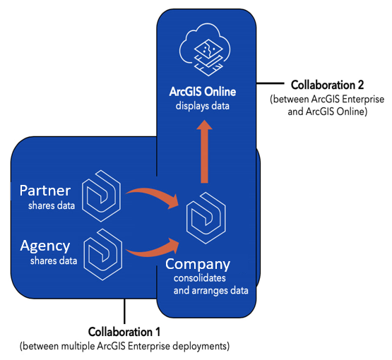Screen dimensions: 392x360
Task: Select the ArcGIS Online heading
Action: [x=203, y=92]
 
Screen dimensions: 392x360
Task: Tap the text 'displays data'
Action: [x=203, y=106]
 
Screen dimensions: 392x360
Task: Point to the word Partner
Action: [x=45, y=191]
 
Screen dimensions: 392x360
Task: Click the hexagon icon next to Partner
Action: [x=101, y=196]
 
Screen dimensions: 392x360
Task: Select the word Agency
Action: [x=45, y=246]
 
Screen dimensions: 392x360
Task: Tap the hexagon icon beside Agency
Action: [x=102, y=254]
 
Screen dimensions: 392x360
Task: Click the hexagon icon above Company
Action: [x=206, y=218]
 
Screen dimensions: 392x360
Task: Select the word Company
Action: [x=198, y=265]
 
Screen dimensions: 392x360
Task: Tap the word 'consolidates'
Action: [x=200, y=278]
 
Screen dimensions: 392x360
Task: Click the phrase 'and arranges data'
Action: [x=211, y=291]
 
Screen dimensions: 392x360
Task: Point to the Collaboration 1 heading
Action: [x=124, y=332]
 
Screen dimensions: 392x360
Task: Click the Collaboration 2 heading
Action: [x=327, y=85]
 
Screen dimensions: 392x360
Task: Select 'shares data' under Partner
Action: [x=52, y=205]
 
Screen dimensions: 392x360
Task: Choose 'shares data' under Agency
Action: [x=54, y=260]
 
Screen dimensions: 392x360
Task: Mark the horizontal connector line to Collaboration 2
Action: [x=271, y=83]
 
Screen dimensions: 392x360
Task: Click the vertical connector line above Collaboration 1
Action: [x=124, y=311]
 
